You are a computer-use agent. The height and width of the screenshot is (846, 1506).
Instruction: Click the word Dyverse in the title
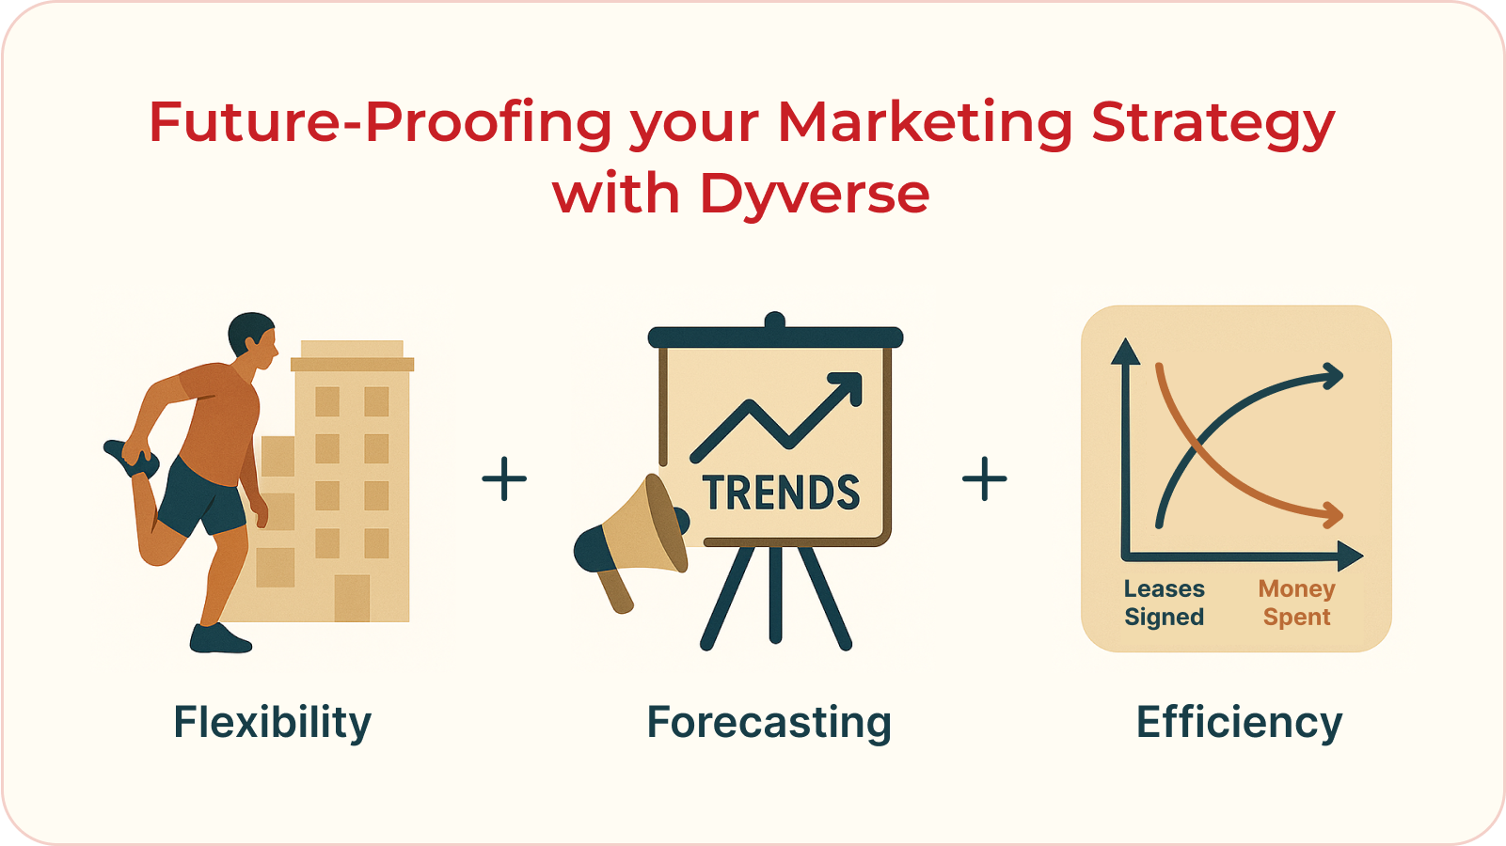click(x=814, y=195)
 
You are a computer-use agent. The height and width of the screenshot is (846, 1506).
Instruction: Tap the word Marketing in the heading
click(x=925, y=123)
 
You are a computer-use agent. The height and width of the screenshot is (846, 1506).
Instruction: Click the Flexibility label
click(x=273, y=723)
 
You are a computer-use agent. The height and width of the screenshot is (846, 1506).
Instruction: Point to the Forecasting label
click(x=769, y=723)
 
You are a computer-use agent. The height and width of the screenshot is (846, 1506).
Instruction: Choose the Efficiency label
click(x=1239, y=723)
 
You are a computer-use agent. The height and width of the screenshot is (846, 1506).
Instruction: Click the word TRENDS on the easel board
click(x=781, y=493)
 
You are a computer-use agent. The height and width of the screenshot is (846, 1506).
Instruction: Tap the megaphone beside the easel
click(x=632, y=536)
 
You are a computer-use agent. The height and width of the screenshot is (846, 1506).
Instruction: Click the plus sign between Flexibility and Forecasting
click(x=504, y=478)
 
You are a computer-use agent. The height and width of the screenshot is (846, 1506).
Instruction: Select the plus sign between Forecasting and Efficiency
click(x=984, y=478)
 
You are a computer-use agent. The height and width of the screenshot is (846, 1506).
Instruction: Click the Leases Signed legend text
click(x=1164, y=603)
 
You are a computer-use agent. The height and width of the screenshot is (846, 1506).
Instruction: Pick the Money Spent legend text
click(x=1296, y=603)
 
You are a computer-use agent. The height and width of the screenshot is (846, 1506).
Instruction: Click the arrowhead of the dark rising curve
click(x=1333, y=377)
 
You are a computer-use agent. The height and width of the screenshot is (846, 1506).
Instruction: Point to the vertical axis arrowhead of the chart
click(x=1125, y=352)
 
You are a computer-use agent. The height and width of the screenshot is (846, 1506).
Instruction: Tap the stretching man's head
click(x=252, y=338)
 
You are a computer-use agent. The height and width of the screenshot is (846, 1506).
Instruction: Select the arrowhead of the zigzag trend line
click(x=848, y=385)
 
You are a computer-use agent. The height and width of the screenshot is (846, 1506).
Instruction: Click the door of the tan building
click(x=352, y=598)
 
